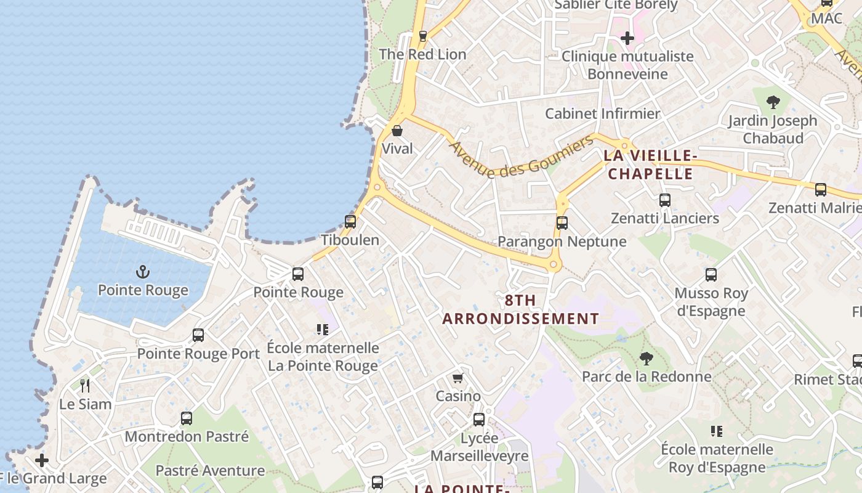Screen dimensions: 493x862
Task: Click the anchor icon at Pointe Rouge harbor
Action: coord(143,272)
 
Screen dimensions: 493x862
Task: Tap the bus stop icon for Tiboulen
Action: coord(350,222)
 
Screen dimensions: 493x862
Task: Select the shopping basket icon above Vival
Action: coord(397,131)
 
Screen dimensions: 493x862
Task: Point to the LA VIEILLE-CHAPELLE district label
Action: coord(650,165)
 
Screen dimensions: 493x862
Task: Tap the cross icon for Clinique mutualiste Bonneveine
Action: coord(627,39)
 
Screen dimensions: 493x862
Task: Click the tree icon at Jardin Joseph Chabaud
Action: coord(773,102)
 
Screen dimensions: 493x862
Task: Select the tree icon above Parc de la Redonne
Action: coord(646,358)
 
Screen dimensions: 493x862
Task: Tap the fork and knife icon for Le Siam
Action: coord(85,386)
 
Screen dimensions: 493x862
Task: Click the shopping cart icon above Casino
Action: coord(457,378)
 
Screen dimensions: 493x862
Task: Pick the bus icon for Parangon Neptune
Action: coord(562,223)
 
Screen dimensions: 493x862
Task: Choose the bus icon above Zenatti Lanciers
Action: coord(664,200)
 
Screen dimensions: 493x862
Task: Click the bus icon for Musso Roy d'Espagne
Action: coord(711,275)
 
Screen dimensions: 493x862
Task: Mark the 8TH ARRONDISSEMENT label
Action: coord(520,309)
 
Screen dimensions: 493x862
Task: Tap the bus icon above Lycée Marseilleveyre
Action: coord(479,420)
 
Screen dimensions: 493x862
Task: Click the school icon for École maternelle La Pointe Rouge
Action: coord(323,330)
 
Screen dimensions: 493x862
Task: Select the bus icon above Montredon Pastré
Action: coord(187,418)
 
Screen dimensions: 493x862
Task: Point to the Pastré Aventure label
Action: coord(210,471)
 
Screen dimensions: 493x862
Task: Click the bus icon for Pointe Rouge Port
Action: coord(198,335)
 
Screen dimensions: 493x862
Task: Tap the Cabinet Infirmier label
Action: coord(602,113)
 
